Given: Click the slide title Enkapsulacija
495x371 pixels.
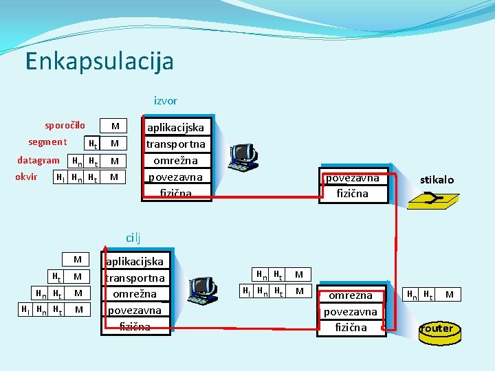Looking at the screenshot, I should pos(99,61).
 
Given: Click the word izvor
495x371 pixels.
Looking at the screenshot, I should pos(165,100).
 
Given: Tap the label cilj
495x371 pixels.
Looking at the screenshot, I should pos(133,238).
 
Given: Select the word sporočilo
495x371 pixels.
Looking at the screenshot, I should pos(65,125).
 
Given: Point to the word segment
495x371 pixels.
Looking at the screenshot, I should pos(47,142).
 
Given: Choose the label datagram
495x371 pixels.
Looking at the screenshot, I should pos(38,160).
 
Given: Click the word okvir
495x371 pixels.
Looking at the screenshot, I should pos(26,177).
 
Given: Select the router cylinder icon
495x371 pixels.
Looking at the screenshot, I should pos(437,330).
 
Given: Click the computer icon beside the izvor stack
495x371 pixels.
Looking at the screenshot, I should pos(243,157).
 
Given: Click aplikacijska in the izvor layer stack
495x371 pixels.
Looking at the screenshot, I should pos(175,128).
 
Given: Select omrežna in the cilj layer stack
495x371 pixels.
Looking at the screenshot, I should pos(135,294).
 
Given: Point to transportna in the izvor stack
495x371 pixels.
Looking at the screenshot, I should pos(175,144).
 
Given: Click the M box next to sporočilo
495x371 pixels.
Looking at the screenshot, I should pos(115,126).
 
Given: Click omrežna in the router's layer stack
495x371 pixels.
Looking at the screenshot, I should pos(351,295).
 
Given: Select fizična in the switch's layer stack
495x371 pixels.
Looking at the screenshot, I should pos(352,194).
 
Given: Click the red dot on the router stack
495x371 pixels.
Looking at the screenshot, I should pos(384,328).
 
